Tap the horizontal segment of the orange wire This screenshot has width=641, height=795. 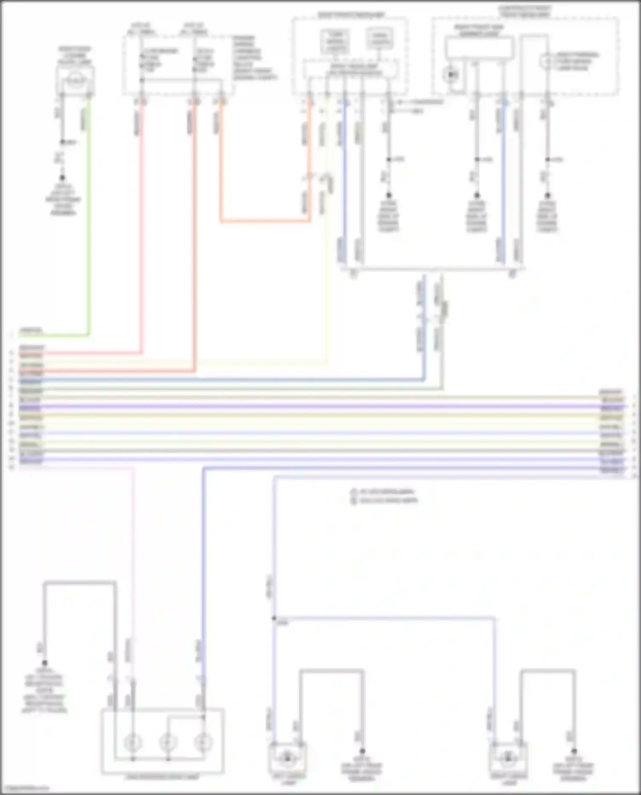[265, 221]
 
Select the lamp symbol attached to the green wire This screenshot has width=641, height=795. [76, 80]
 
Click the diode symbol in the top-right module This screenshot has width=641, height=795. [452, 76]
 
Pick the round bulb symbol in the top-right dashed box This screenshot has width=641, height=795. [546, 62]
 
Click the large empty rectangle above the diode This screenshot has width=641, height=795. [479, 47]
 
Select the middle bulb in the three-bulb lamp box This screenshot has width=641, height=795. [168, 743]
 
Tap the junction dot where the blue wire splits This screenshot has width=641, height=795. [274, 618]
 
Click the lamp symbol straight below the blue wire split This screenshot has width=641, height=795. [287, 757]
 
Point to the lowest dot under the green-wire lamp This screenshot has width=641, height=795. [62, 177]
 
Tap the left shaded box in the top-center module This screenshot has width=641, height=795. [336, 42]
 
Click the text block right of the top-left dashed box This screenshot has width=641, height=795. [255, 58]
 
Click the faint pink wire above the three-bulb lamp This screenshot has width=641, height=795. [133, 555]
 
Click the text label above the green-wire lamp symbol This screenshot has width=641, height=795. [75, 56]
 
